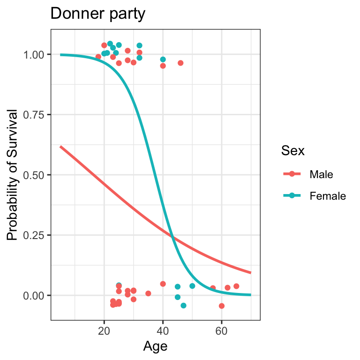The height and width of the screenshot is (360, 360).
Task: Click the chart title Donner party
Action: tap(97, 14)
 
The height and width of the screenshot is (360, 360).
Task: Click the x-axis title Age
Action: tap(155, 346)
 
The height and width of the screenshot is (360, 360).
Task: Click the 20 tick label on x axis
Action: tap(104, 331)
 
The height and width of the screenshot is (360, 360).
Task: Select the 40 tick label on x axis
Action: tap(163, 331)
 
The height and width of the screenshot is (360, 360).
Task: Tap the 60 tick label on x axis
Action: tap(221, 331)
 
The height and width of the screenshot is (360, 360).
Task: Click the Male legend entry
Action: tap(321, 174)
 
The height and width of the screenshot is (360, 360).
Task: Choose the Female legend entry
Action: tap(327, 196)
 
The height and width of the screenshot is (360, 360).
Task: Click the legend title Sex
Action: tap(292, 151)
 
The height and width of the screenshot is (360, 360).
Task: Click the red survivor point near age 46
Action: tap(180, 63)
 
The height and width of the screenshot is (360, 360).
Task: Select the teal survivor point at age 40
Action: tap(163, 60)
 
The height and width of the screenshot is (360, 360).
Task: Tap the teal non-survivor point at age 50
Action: tap(192, 286)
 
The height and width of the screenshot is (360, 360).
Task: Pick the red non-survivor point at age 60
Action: tap(222, 306)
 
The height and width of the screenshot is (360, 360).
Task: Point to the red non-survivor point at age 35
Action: tap(148, 293)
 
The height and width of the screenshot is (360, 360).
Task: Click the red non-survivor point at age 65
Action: tap(236, 286)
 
